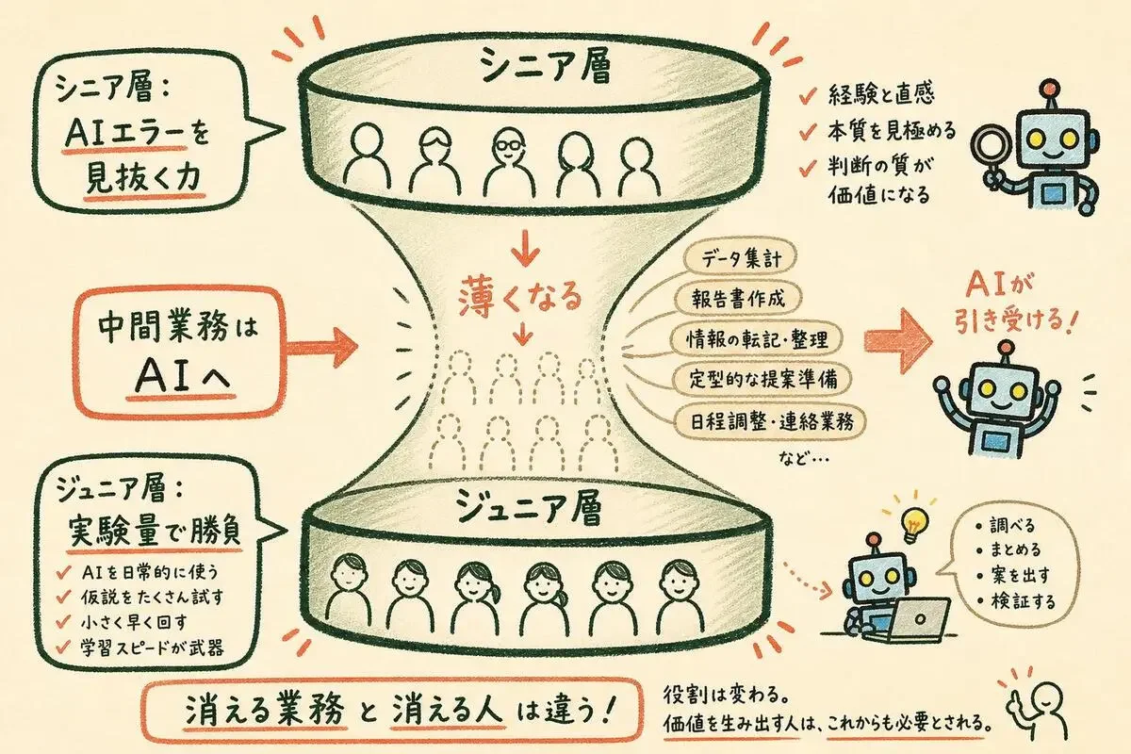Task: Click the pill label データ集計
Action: point(740,258)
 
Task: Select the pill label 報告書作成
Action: point(738,299)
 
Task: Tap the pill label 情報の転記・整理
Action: point(756,339)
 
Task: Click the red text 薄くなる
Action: point(520,298)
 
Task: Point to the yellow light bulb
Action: point(913,524)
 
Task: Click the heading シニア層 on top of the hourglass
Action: point(546,66)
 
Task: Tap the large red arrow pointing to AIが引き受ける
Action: point(898,341)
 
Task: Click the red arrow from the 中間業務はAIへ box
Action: point(321,347)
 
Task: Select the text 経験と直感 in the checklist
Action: point(881,94)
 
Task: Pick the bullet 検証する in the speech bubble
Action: point(1023,601)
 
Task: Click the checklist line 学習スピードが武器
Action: point(152,647)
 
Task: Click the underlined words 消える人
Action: point(448,711)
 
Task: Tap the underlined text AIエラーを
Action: point(137,135)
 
